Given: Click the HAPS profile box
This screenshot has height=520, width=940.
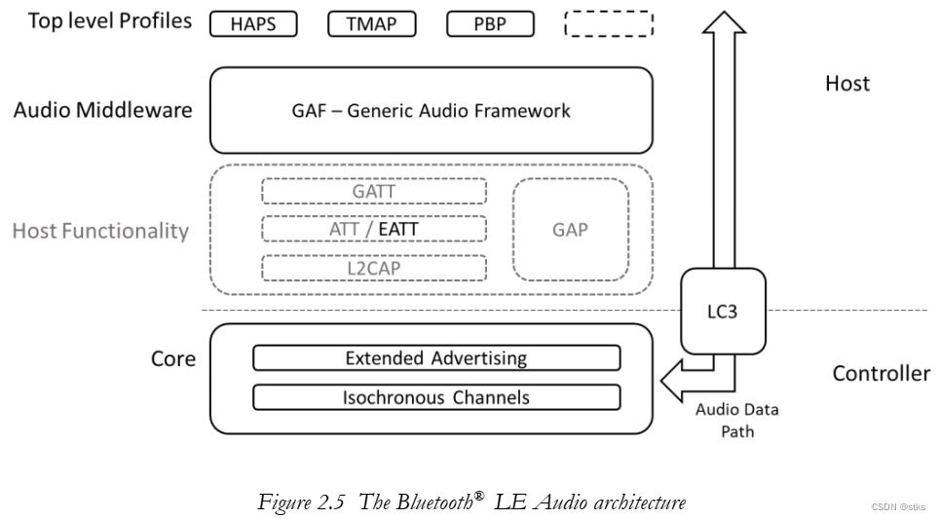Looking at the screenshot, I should (253, 24).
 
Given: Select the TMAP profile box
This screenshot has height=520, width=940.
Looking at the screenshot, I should (371, 24).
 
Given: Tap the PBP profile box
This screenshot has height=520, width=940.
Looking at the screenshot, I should (490, 24).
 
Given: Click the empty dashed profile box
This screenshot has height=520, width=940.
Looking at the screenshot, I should (609, 24).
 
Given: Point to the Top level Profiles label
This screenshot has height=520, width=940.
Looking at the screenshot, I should (110, 21).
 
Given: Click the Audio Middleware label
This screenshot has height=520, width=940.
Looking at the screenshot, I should (103, 110).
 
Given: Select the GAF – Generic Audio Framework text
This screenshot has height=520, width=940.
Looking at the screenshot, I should (431, 110).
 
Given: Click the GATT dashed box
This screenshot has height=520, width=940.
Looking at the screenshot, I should (374, 191).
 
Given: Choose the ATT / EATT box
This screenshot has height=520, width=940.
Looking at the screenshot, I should (374, 229).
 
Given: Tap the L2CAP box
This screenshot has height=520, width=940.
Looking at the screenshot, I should (374, 267).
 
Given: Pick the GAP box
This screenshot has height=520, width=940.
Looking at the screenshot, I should (571, 230).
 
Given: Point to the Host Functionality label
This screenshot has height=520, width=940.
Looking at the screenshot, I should (100, 231).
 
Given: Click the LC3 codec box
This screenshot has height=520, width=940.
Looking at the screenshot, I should (724, 312).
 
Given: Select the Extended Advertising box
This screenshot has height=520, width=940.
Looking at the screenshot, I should (436, 358).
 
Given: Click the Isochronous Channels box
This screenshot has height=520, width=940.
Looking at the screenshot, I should (436, 397).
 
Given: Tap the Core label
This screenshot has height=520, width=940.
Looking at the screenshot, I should (173, 359).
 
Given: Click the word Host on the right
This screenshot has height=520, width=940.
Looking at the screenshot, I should (846, 84).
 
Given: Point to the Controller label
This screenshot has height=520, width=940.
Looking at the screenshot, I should (881, 374).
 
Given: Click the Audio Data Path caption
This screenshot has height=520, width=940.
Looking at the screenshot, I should (736, 420).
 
